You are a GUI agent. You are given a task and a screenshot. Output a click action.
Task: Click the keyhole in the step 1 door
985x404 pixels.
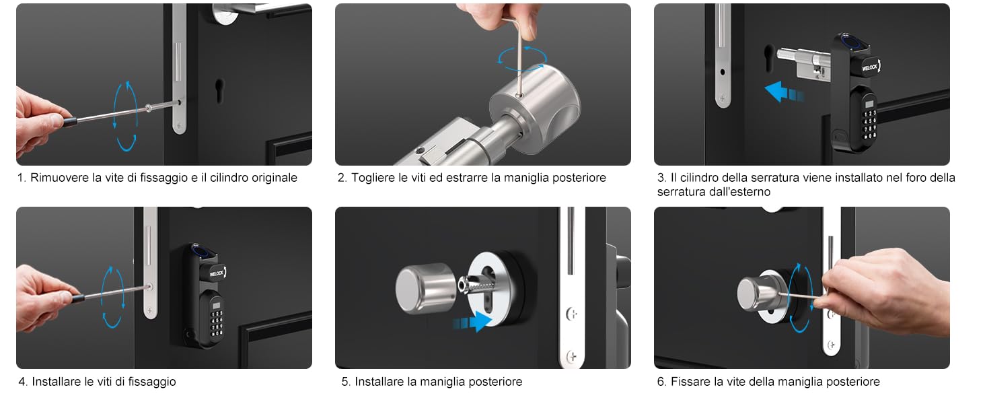coord(219,91)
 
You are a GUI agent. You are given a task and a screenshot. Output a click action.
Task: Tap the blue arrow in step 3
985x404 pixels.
coord(784,92)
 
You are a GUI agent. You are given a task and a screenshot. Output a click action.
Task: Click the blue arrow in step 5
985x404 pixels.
coord(472,322)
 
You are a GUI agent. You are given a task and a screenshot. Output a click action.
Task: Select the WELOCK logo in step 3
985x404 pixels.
coord(870,67)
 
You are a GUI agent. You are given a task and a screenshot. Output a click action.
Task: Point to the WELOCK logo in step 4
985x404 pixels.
coord(217,273)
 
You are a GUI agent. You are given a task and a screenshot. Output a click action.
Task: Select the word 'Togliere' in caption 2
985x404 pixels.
coord(373,178)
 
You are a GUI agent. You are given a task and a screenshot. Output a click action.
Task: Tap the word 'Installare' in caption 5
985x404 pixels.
coord(379,382)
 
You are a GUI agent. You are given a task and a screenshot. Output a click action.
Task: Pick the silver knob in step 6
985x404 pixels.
coord(757,293)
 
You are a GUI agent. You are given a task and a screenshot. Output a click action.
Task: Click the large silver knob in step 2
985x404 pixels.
coord(535,108)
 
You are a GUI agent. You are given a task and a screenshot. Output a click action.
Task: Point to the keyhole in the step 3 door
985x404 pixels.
coord(768,57)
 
